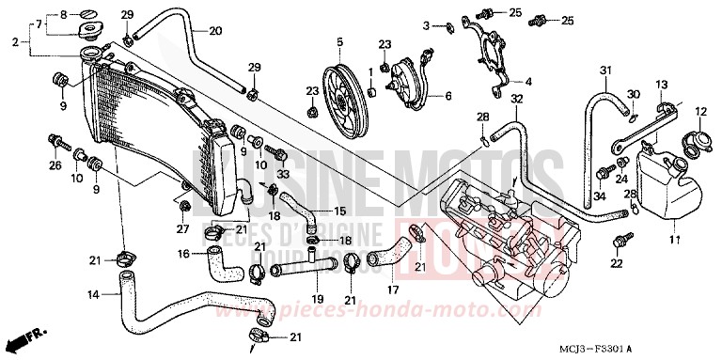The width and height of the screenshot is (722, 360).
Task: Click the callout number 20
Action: [215, 31]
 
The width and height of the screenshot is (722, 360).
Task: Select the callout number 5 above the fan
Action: [339, 41]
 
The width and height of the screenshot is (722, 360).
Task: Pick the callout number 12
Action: [700, 112]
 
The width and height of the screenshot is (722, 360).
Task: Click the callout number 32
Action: [517, 99]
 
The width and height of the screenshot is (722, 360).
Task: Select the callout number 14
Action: [92, 295]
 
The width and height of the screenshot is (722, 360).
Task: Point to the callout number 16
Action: [184, 254]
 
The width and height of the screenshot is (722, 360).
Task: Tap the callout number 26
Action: [54, 167]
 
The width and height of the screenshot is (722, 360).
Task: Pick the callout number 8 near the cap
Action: [64, 16]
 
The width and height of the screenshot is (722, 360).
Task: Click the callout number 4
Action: [527, 81]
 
